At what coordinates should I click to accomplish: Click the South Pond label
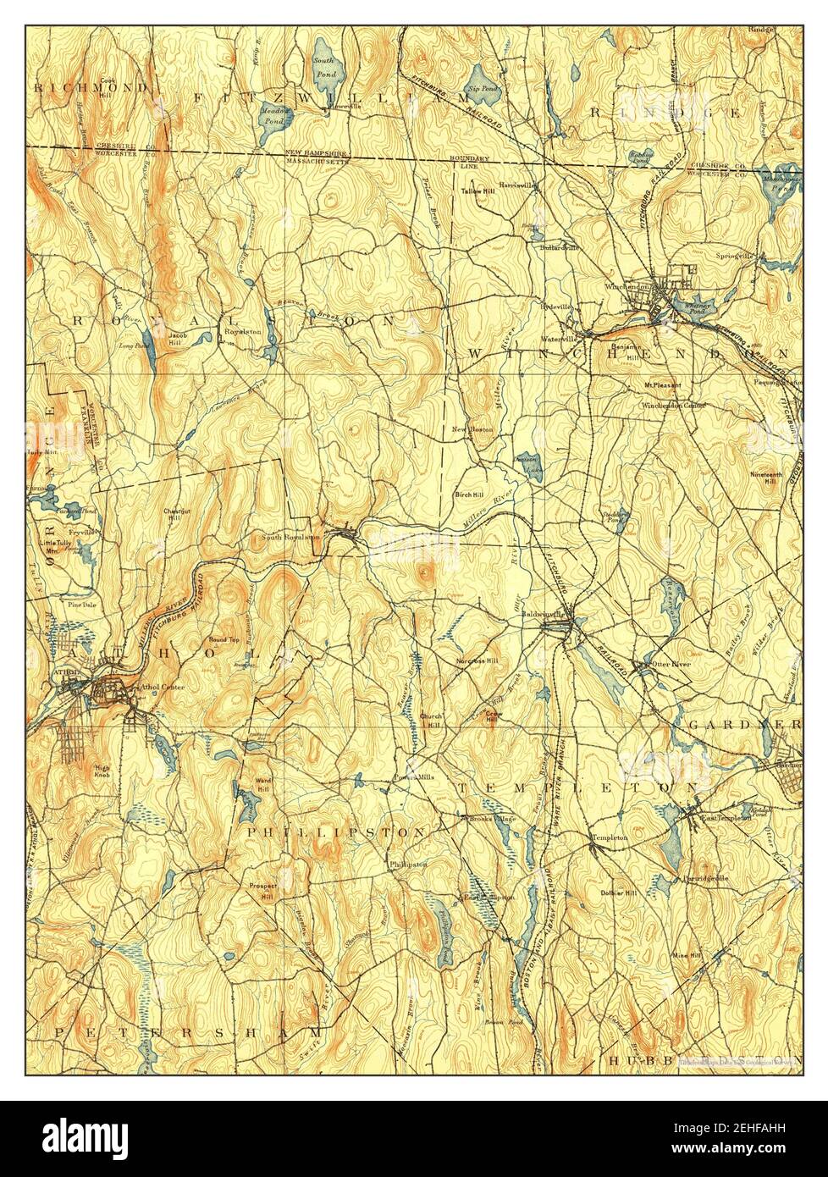pyautogui.click(x=323, y=65)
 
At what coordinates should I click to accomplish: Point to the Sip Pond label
pyautogui.click(x=483, y=88)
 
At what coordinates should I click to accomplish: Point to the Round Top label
pyautogui.click(x=219, y=639)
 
